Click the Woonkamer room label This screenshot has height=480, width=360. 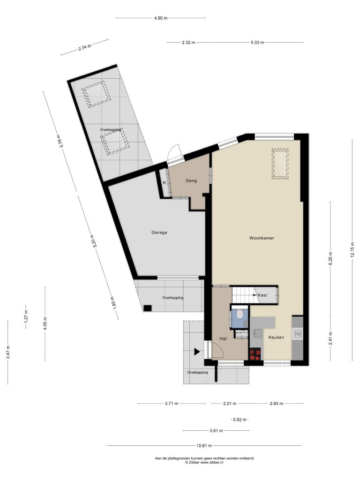point(262,238)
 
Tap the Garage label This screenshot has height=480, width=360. point(159,232)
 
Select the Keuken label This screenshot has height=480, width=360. point(276,337)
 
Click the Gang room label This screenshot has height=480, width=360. point(191,180)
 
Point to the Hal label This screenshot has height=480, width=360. point(223,338)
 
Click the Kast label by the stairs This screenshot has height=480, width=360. point(262,295)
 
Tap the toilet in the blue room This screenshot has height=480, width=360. point(240,314)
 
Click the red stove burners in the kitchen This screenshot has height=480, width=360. point(255,354)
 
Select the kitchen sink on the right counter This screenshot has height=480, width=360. point(297,334)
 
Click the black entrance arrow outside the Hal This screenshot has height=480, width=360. point(197,352)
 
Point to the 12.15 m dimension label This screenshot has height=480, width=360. point(352,250)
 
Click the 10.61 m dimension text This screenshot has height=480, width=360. point(204,446)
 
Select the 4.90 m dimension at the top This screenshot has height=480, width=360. point(160,18)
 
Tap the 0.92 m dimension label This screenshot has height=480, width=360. point(240,420)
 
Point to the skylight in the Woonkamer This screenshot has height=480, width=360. point(280,163)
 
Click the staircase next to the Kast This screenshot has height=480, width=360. point(243,295)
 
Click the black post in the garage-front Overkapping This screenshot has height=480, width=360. point(148,308)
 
